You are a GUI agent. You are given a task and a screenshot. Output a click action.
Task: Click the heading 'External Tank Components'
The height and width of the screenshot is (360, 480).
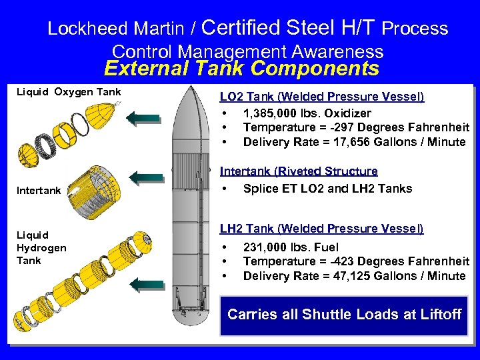241,69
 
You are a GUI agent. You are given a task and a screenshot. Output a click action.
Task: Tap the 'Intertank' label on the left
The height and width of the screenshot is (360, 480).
39,190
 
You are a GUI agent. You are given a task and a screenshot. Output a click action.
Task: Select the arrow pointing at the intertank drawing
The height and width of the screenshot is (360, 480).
147,177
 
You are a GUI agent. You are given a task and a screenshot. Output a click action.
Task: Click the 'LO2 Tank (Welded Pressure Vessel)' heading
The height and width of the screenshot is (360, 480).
321,97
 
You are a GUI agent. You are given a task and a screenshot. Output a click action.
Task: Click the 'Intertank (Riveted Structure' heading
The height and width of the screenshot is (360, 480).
299,172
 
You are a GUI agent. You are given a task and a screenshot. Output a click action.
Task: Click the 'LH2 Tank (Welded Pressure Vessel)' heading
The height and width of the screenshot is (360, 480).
321,229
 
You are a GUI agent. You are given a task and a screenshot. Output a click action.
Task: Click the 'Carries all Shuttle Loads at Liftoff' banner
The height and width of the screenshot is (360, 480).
344,314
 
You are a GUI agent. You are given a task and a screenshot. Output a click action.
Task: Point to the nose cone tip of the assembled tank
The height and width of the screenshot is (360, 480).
191,89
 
